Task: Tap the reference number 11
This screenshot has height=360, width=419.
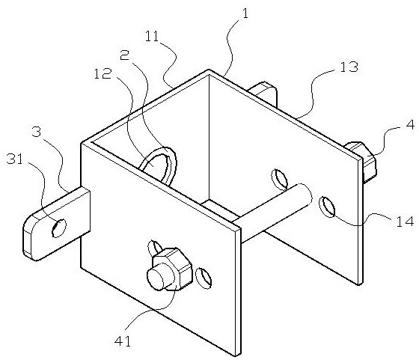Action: (x=152, y=37)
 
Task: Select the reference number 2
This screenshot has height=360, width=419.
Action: (x=124, y=55)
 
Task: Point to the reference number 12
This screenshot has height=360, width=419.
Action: (x=102, y=73)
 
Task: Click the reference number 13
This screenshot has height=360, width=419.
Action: (x=348, y=67)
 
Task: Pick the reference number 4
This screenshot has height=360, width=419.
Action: (x=410, y=125)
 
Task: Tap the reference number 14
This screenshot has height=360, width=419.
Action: (x=405, y=222)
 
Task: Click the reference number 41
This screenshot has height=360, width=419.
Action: (x=123, y=341)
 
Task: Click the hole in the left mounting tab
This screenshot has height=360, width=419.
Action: (x=59, y=228)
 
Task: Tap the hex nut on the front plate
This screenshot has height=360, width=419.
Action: (x=172, y=269)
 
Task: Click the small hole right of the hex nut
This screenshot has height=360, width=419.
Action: (x=204, y=278)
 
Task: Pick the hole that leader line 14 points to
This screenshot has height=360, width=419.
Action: (x=327, y=207)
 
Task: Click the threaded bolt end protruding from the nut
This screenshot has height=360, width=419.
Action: (x=156, y=278)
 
